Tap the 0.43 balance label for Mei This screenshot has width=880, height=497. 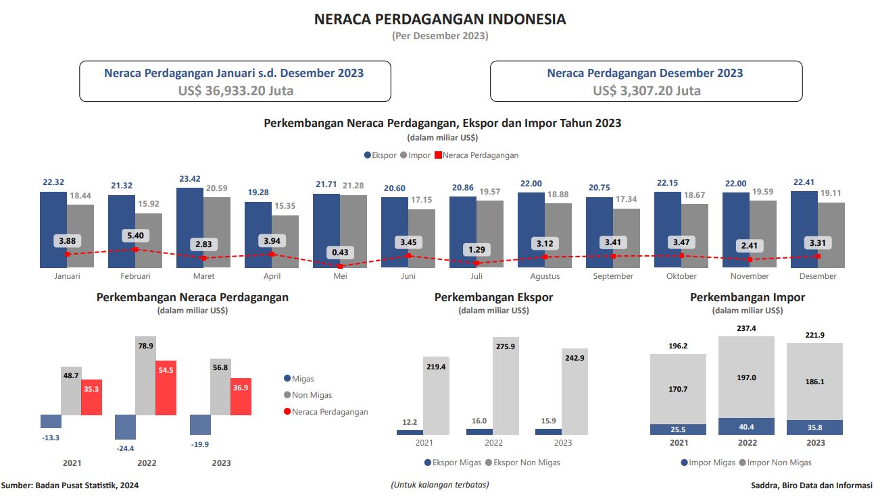(340, 252)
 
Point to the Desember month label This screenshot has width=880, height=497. (818, 276)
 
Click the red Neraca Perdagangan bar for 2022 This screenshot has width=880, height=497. (166, 388)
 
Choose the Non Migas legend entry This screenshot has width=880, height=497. (312, 395)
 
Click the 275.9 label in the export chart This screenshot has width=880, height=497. (506, 346)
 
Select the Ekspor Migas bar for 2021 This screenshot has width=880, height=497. (410, 432)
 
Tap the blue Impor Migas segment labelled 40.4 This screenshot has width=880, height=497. (747, 427)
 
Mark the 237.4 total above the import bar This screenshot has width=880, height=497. (747, 328)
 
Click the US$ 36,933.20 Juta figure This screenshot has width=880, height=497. (236, 90)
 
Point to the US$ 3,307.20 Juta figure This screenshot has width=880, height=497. (647, 90)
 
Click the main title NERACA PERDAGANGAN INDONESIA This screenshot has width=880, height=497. (440, 20)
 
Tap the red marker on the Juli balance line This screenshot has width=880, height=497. (476, 263)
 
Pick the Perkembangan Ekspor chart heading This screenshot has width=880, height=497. (493, 297)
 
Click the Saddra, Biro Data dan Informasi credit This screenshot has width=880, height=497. (811, 485)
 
